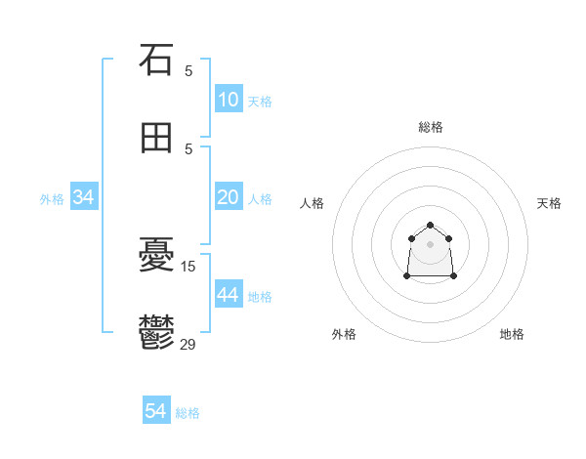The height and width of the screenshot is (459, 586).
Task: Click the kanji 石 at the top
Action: pyautogui.click(x=156, y=60)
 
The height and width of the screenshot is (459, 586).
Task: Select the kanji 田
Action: pyautogui.click(x=156, y=138)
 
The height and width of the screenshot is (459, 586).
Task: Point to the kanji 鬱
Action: pyautogui.click(x=156, y=334)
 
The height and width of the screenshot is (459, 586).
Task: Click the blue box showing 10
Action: pyautogui.click(x=229, y=100)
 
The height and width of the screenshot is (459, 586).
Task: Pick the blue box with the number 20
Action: pyautogui.click(x=229, y=197)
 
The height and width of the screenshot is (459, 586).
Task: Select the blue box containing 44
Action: pyautogui.click(x=229, y=295)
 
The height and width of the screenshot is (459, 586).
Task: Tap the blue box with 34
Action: pyautogui.click(x=84, y=197)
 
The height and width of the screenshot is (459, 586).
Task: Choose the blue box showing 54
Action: pyautogui.click(x=156, y=412)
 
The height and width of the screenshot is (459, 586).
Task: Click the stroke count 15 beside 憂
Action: pyautogui.click(x=189, y=265)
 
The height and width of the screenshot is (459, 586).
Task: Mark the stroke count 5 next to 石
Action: pyautogui.click(x=188, y=69)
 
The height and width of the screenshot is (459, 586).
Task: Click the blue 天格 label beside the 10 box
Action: pyautogui.click(x=260, y=102)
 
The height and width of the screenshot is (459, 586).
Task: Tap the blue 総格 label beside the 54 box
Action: pyautogui.click(x=188, y=414)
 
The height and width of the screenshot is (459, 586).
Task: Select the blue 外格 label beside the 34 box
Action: pyautogui.click(x=52, y=199)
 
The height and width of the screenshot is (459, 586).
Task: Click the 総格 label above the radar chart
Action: pyautogui.click(x=431, y=127)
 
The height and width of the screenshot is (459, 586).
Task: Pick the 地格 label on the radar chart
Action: pyautogui.click(x=512, y=334)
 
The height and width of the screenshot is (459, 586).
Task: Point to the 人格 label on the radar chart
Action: pyautogui.click(x=313, y=203)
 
